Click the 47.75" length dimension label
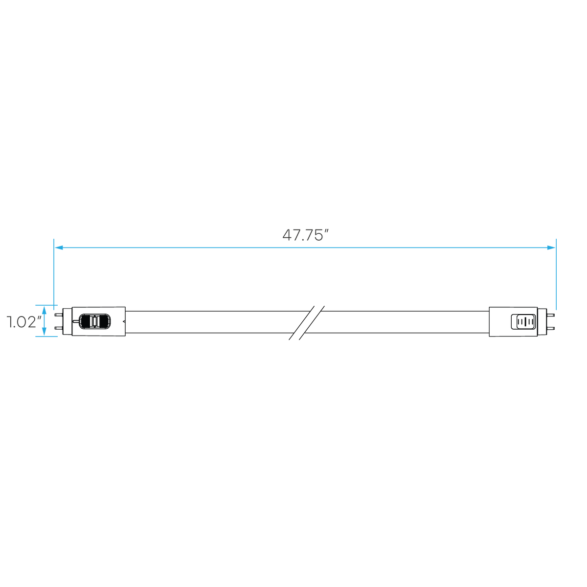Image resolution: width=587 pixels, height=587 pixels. (x=306, y=235)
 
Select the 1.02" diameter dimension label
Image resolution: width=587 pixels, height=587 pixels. (x=23, y=322)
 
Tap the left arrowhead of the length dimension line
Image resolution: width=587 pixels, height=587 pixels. (x=59, y=248)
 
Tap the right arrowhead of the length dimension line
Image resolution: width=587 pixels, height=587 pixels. (x=551, y=248)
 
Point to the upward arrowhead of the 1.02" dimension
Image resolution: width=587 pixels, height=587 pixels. (x=44, y=311)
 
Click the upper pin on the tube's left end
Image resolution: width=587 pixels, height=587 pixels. (x=58, y=315)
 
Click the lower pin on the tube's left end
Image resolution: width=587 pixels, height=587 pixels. (x=58, y=328)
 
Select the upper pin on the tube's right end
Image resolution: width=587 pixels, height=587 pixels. (x=551, y=315)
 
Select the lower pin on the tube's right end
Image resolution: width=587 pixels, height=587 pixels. (x=551, y=328)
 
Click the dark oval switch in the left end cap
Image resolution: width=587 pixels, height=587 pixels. (x=94, y=321)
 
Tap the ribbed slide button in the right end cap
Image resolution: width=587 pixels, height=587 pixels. (x=526, y=322)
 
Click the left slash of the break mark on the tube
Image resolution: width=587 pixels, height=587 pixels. (x=301, y=322)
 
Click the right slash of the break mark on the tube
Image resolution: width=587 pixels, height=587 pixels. (x=312, y=322)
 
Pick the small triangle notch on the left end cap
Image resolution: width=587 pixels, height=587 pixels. (x=124, y=321)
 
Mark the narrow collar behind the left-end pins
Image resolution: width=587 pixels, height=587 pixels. (x=67, y=321)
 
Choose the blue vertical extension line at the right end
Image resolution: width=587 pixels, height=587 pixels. (x=556, y=274)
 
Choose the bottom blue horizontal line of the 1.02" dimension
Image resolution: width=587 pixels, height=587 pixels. (x=46, y=336)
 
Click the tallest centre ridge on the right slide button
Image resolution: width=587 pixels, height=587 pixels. (x=526, y=322)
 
